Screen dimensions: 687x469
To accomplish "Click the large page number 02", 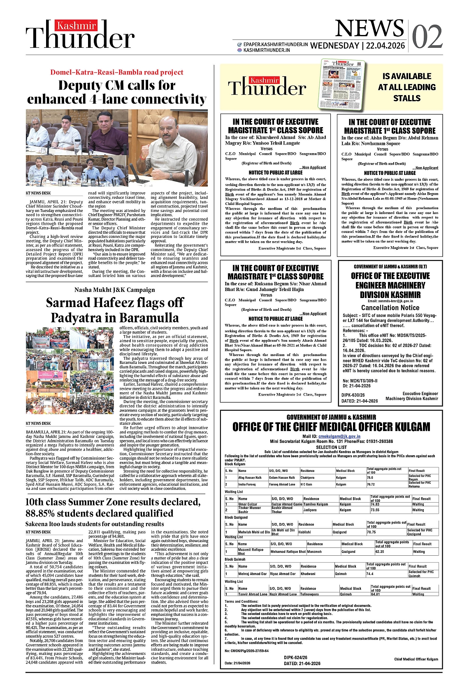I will tap(427, 37).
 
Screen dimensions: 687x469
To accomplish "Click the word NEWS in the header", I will tap(369, 29).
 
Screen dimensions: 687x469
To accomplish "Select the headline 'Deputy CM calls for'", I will tap(117, 85).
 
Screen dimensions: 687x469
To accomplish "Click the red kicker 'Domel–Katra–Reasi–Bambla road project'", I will tap(117, 72).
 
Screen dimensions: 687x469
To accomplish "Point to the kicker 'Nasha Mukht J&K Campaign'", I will tap(114, 290).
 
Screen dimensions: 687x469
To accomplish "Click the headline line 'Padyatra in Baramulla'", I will tap(114, 318).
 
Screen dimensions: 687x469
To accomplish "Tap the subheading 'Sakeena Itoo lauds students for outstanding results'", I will tap(95, 524).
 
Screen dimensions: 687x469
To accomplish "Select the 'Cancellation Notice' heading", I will tap(390, 307).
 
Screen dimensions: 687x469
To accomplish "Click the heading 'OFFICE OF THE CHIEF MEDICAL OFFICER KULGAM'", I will tap(331, 427).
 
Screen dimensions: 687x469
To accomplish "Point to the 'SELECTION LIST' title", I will tap(331, 447).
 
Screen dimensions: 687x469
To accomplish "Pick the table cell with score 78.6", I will tap(370, 477).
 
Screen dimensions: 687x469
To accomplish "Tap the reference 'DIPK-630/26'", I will tap(353, 395).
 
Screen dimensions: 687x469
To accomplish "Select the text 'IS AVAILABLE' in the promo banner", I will tap(406, 76).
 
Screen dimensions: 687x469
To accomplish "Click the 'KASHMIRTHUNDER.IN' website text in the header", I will tap(267, 50).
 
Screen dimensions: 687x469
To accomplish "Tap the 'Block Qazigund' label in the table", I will tap(236, 517).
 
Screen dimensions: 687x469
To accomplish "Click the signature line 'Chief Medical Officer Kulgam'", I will tap(416, 659).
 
